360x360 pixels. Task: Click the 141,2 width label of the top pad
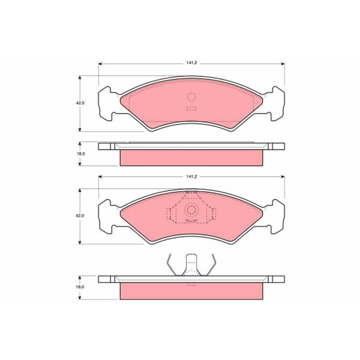tap(192, 63)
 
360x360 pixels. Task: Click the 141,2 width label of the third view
tap(192, 176)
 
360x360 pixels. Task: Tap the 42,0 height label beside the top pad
tap(81, 103)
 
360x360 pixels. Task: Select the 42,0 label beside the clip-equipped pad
tap(81, 216)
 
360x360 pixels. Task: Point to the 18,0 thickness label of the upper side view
tap(81, 154)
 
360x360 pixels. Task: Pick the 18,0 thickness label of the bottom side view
tap(81, 287)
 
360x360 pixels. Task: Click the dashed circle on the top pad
tap(191, 97)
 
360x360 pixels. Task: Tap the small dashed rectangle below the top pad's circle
tap(191, 108)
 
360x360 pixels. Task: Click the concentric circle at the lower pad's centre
tap(191, 210)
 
